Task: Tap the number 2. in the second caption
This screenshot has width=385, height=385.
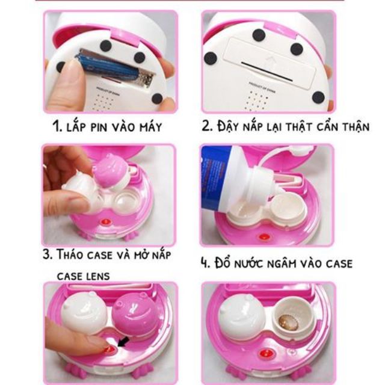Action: click(x=206, y=126)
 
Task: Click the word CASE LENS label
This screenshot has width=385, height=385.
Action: click(x=83, y=277)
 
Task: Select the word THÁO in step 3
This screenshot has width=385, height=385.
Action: click(x=70, y=254)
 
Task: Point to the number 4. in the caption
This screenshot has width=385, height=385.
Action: click(x=206, y=263)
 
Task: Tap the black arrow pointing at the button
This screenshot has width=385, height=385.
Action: click(x=123, y=342)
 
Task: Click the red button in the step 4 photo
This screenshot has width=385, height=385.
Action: click(x=264, y=238)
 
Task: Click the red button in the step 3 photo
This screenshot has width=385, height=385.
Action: click(x=106, y=222)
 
